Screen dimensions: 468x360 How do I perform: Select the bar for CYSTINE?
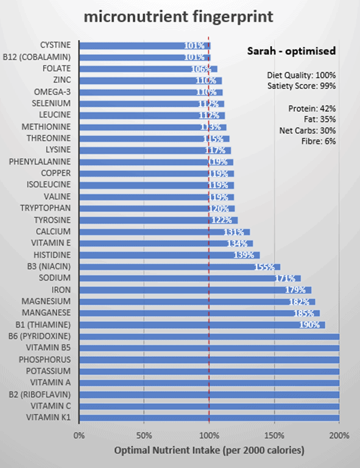coord(144,45)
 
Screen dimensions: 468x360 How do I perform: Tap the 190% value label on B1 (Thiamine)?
coord(309,325)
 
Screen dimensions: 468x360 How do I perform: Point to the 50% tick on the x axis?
coord(144,435)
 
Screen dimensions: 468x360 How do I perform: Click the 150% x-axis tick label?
coord(274,435)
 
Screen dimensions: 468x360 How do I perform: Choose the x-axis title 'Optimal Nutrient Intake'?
coord(209,450)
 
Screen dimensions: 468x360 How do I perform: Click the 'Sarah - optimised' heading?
coord(291,50)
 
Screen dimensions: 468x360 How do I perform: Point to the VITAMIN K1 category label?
coord(48,417)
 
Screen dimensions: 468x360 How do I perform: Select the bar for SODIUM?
coord(189,278)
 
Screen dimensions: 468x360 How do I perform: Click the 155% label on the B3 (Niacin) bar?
coord(264,267)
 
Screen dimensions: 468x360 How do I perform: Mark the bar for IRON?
coord(195,290)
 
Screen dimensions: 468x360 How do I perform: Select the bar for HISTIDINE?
coord(169,255)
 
